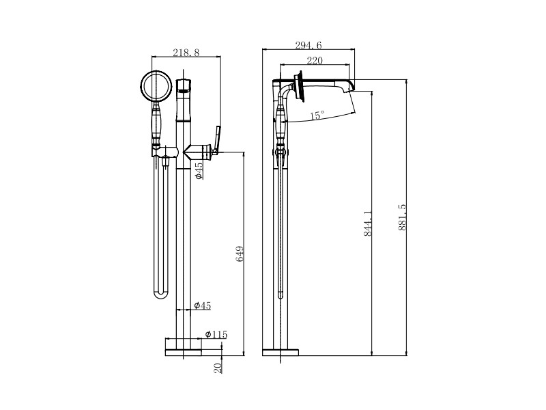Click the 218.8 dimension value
pyautogui.click(x=186, y=53)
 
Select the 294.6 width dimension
pyautogui.click(x=308, y=45)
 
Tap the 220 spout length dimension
pyautogui.click(x=315, y=61)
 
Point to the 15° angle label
pyautogui.click(x=317, y=115)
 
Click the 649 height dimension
pyautogui.click(x=240, y=254)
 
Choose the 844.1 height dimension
pyautogui.click(x=368, y=223)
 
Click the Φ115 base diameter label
pyautogui.click(x=216, y=335)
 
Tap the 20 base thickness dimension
pyautogui.click(x=218, y=368)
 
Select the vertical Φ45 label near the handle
pyautogui.click(x=199, y=170)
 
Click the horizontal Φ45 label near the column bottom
pyautogui.click(x=203, y=305)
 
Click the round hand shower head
pyautogui.click(x=157, y=85)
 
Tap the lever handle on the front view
pyautogui.click(x=216, y=140)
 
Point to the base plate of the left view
pyautogui.click(x=183, y=353)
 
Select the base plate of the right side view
pyautogui.click(x=281, y=353)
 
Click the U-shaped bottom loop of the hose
pyautogui.click(x=160, y=295)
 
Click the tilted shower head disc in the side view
pyautogui.click(x=299, y=87)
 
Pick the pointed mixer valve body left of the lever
pyautogui.click(x=198, y=152)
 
